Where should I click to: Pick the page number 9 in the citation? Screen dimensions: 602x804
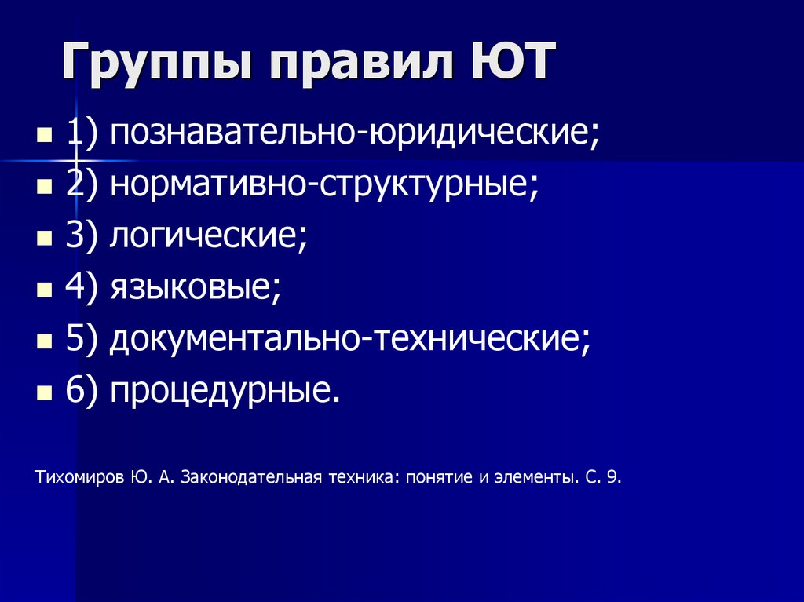coord(612,477)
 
